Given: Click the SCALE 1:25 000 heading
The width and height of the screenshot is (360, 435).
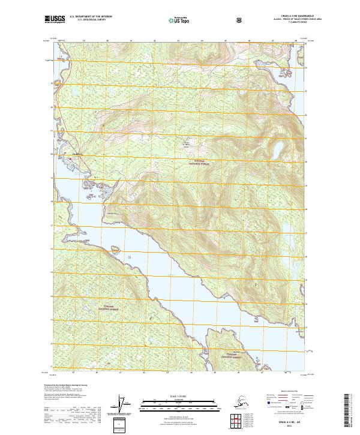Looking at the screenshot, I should [179, 396].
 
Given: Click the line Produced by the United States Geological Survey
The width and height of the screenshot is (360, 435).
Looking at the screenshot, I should [64, 384].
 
